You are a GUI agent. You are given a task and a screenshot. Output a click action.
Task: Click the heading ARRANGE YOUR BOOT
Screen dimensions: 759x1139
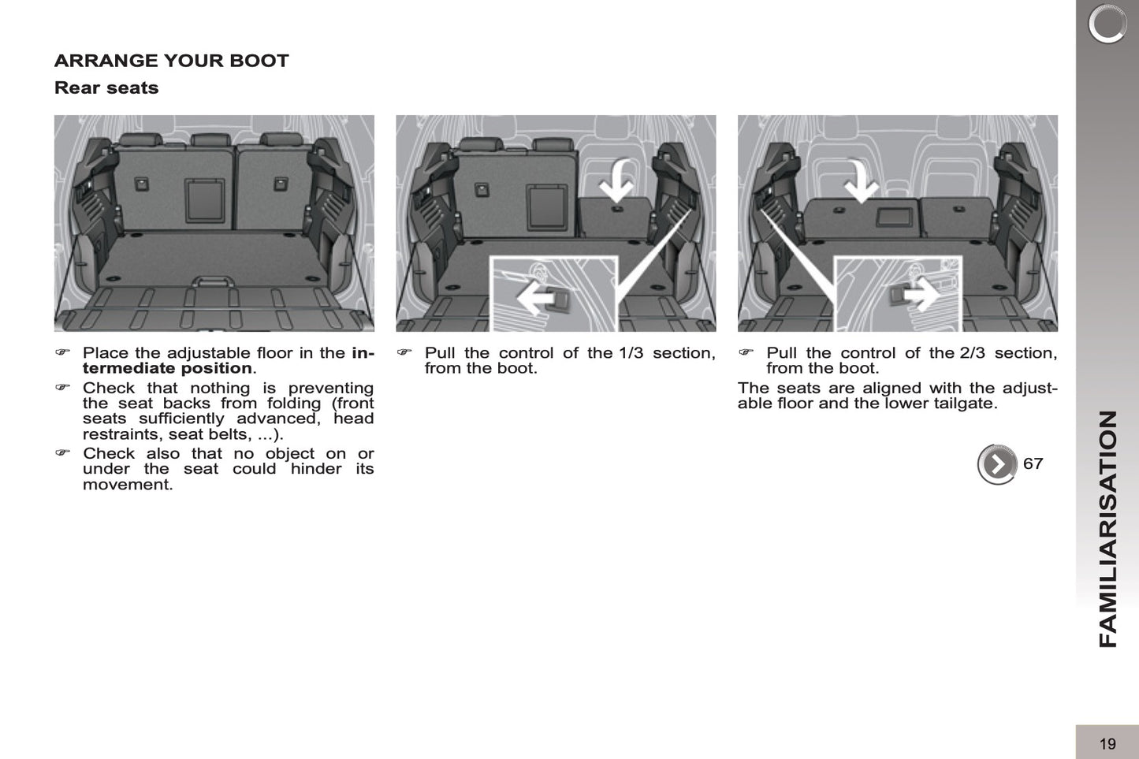(171, 61)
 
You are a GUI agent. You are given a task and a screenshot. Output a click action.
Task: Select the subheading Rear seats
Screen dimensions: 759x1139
(106, 87)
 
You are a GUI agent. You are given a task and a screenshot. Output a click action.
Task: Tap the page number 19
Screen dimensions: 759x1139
(1107, 743)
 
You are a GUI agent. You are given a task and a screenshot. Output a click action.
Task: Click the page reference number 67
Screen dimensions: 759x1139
(1033, 463)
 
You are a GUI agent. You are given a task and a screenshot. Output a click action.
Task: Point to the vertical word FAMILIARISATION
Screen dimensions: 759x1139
(1107, 528)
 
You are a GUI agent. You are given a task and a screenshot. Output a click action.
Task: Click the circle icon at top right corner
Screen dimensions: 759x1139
(1107, 24)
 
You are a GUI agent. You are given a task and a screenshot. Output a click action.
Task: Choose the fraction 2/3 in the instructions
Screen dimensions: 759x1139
(972, 353)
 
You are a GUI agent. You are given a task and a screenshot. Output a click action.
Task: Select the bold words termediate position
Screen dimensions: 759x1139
(167, 368)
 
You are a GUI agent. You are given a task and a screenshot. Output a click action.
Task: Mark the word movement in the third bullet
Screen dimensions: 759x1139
(127, 484)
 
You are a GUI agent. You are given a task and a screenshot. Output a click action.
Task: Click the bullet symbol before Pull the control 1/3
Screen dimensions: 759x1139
(404, 352)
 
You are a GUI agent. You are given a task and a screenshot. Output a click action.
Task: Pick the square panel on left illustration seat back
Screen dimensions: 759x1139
(204, 200)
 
